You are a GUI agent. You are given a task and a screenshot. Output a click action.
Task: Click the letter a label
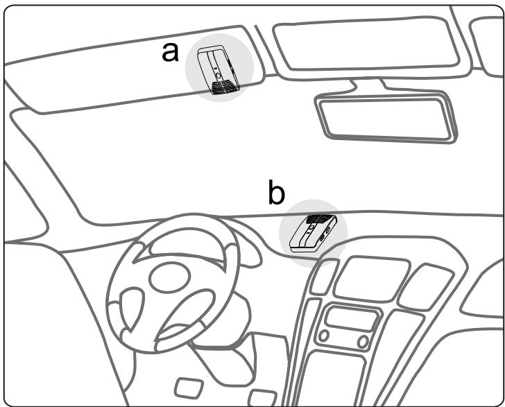[x=169, y=51]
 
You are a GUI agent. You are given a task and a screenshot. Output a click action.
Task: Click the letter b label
[x=276, y=195]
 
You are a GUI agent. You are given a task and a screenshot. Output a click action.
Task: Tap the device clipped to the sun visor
[x=219, y=70]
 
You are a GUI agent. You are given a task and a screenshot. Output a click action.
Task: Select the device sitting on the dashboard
[x=314, y=232]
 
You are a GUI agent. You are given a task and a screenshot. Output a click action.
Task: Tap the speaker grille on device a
[x=223, y=87]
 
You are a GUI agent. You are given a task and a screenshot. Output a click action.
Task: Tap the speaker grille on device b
[x=319, y=220]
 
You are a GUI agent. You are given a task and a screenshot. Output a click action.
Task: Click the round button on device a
[x=218, y=71]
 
